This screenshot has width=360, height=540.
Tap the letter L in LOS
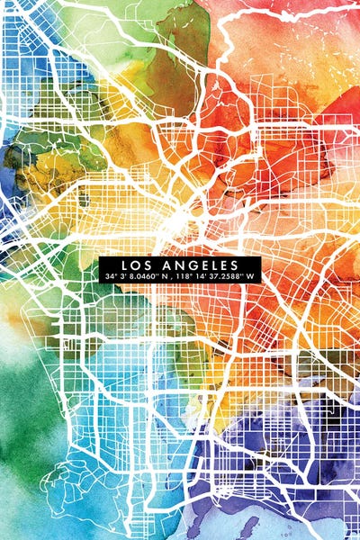click(123, 265)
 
